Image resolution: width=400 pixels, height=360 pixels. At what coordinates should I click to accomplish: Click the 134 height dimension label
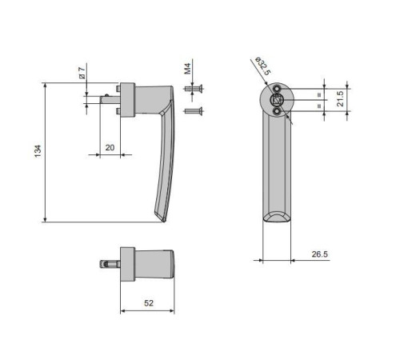38,151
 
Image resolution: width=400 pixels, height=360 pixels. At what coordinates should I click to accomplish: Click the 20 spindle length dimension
110,147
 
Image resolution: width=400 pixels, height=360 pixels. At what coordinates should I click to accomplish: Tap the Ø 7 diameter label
82,73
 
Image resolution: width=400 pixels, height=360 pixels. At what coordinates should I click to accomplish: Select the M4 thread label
188,69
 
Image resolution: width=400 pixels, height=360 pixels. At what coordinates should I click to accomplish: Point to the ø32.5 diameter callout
262,66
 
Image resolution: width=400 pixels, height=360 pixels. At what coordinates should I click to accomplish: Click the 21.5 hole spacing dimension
340,98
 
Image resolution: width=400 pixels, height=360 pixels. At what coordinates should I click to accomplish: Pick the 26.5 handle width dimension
320,254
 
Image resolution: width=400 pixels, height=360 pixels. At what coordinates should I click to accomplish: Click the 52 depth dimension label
149,303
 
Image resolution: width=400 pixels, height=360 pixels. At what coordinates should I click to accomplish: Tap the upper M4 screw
194,89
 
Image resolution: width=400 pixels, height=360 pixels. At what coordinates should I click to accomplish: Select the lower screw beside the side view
194,111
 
